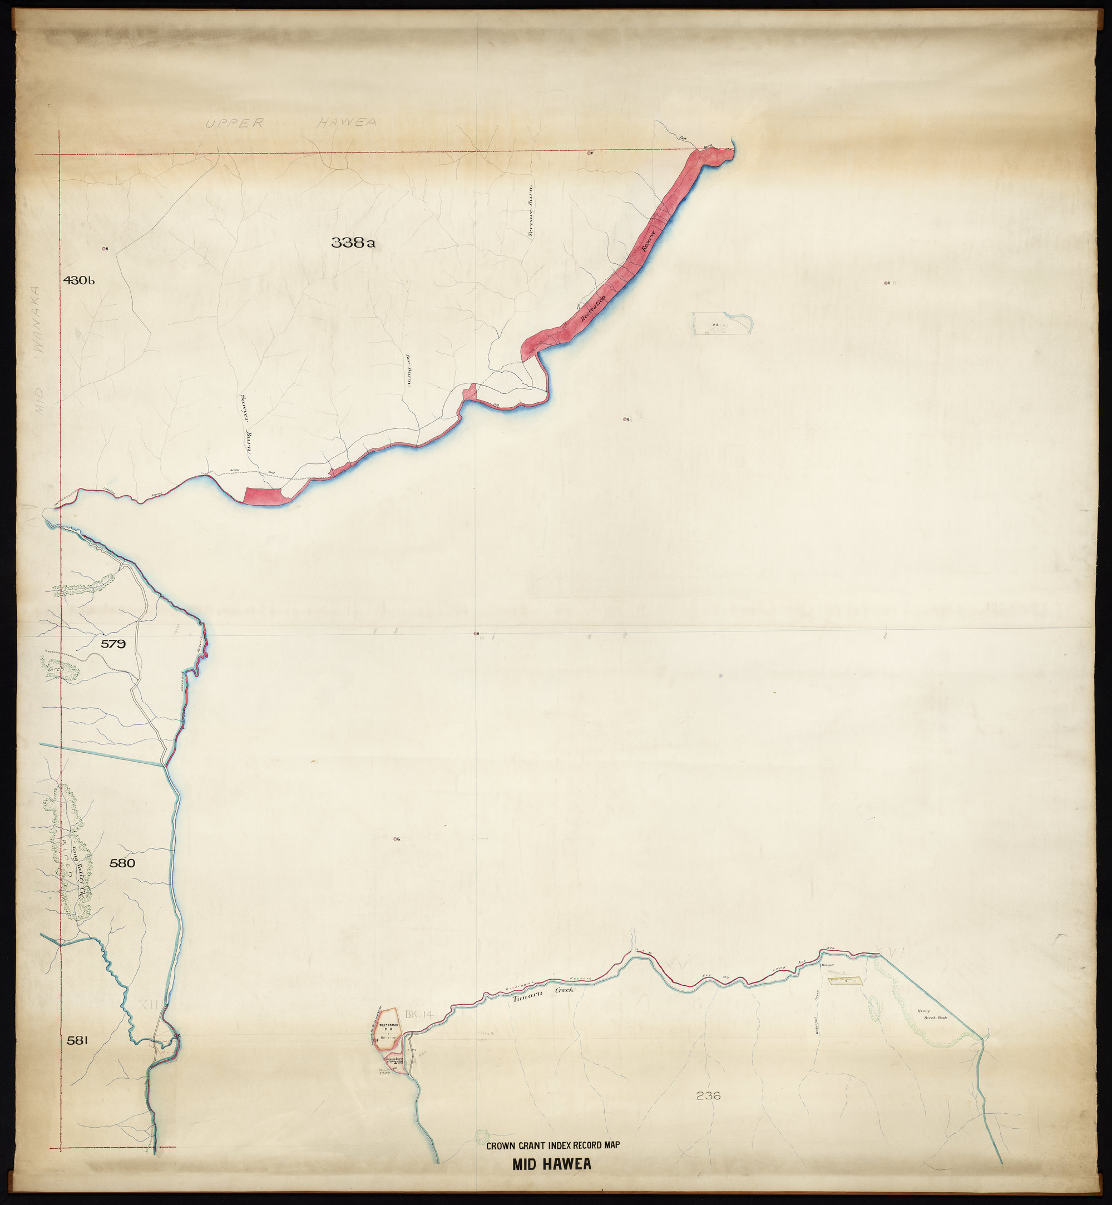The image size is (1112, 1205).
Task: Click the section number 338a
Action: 353,243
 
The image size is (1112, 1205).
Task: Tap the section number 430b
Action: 80,280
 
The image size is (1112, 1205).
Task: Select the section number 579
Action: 113,644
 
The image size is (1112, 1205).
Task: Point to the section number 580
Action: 122,863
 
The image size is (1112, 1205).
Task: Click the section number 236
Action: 708,1095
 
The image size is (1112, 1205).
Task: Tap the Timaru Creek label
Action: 543,994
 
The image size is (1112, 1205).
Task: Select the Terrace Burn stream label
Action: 531,212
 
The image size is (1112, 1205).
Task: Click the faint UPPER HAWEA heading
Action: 291,123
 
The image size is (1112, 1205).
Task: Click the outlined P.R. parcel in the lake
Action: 722,324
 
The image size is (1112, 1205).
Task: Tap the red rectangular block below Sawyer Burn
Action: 264,497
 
